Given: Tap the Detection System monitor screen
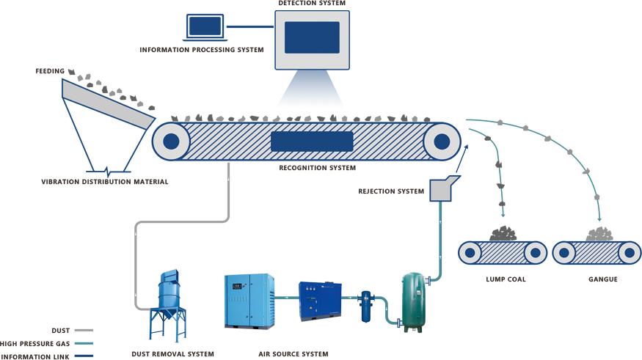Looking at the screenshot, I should click(x=312, y=37).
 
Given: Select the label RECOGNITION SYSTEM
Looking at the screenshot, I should click(x=317, y=168).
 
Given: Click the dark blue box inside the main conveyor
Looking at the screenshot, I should click(x=312, y=142).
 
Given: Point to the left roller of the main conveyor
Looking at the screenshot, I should click(x=171, y=142).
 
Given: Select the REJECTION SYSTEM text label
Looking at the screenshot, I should click(x=391, y=192).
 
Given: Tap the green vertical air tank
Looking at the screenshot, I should click(x=412, y=302).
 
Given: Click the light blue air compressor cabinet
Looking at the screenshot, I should click(x=249, y=301).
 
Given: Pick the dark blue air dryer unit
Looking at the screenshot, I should click(x=320, y=301).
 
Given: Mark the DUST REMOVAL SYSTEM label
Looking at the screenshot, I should click(x=172, y=354).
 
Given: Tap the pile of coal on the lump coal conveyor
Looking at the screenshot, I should click(x=503, y=235).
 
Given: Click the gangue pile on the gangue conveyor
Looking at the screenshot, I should click(x=599, y=235).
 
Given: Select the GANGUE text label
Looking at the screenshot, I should click(x=602, y=279).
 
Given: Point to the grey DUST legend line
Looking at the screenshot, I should click(x=84, y=331).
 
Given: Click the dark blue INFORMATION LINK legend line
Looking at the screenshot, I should click(x=84, y=356).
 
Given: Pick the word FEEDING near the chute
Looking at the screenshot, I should click(x=50, y=71).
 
